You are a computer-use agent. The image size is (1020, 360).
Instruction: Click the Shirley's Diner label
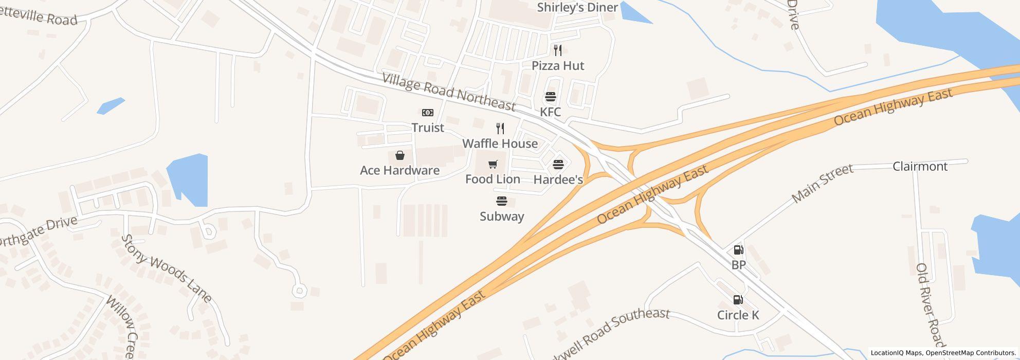pos(577,8)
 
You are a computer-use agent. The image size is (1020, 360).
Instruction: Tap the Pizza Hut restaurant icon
pos(558,50)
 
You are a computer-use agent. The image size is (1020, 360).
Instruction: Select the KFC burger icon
pos(550,97)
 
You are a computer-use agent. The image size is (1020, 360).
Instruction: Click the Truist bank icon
pos(427,113)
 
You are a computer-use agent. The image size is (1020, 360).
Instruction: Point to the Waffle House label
pos(500,143)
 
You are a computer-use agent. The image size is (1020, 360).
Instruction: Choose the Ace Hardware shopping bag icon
pos(399,155)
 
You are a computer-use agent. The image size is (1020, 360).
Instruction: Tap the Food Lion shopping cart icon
pos(493,164)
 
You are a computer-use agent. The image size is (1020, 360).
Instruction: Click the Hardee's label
pos(558,179)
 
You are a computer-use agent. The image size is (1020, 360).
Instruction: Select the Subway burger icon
pos(502,201)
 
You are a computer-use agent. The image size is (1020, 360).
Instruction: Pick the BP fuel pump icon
pos(738,250)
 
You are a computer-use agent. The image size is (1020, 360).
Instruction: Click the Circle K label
pos(738,315)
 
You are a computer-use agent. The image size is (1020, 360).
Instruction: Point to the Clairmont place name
pos(920,166)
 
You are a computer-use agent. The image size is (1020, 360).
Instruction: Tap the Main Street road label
pos(822,183)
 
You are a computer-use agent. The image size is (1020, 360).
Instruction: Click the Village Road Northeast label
pos(448,92)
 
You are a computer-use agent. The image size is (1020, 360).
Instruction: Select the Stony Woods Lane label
pos(166,268)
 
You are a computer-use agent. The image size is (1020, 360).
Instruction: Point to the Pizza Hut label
pos(558,66)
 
